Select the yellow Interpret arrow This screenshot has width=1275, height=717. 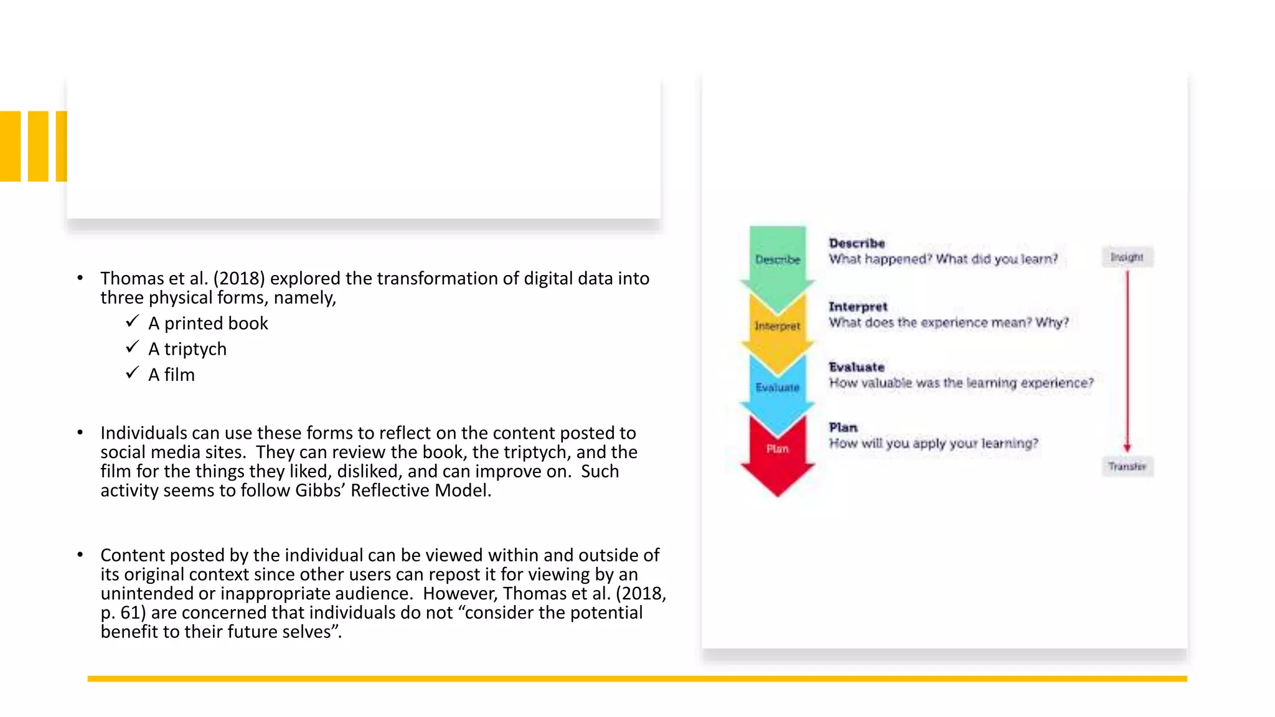(778, 326)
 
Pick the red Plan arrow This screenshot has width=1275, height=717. (778, 451)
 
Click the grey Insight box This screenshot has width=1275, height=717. (1127, 257)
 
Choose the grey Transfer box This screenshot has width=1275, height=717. (1127, 466)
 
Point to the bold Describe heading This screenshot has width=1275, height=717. (857, 243)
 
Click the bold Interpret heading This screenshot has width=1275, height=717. (858, 307)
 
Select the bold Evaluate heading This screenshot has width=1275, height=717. (857, 367)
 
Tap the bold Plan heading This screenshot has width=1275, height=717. (843, 428)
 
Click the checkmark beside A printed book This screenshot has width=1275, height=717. (132, 321)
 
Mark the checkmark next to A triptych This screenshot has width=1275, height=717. (132, 347)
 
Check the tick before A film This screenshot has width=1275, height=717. (132, 372)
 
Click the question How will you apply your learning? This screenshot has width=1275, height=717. (933, 443)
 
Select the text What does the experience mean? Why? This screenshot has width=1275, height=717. (948, 322)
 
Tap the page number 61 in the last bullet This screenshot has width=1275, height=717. (133, 612)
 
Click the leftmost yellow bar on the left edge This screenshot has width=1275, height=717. (10, 146)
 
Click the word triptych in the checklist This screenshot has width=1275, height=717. (195, 349)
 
